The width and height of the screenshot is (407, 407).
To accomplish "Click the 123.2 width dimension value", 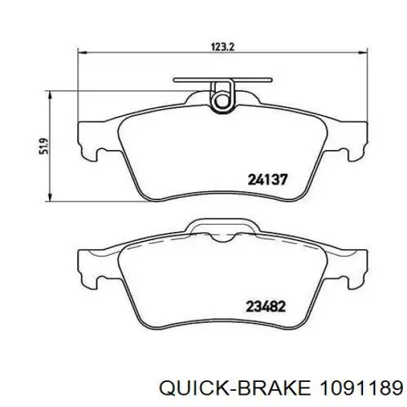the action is (x=223, y=47).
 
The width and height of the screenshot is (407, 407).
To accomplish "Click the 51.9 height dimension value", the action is (x=44, y=146).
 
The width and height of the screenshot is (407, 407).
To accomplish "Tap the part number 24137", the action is (x=268, y=180).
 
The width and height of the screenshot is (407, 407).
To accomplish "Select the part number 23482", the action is (x=266, y=307).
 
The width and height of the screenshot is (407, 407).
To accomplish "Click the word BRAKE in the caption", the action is (x=274, y=389).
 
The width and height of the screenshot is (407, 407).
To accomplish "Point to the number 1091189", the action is (x=362, y=389).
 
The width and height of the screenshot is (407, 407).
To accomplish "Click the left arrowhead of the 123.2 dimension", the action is (x=82, y=53).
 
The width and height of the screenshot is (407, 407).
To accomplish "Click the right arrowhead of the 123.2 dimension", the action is (x=364, y=53).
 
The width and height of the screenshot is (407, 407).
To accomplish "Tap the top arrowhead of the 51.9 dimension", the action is (x=50, y=95).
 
